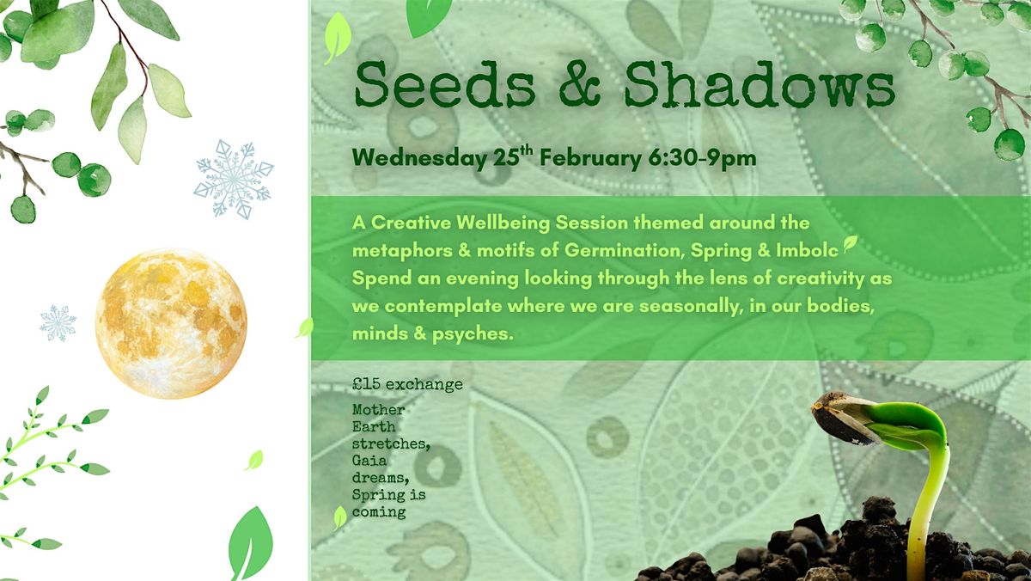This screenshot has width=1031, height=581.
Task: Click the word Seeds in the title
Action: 445,85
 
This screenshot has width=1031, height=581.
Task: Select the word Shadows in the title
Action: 760,85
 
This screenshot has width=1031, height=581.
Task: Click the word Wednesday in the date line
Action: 419,158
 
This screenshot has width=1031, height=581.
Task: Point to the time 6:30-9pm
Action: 702,158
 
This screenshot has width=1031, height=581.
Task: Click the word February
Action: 590,159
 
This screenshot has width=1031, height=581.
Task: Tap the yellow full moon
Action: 171,324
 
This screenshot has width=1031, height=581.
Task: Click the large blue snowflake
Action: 234,180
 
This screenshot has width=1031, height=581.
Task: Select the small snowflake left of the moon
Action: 58,323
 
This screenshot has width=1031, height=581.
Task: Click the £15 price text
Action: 366,384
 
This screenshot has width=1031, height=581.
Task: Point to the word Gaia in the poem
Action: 369,461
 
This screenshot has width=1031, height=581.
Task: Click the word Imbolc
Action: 807,250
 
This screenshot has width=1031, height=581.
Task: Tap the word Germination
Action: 624,250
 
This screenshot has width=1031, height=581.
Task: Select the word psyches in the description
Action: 473,334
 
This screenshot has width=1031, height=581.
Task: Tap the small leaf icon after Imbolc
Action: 850,243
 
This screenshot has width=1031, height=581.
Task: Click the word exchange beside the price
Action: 424,384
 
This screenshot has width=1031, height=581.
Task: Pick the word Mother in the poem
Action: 378,410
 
